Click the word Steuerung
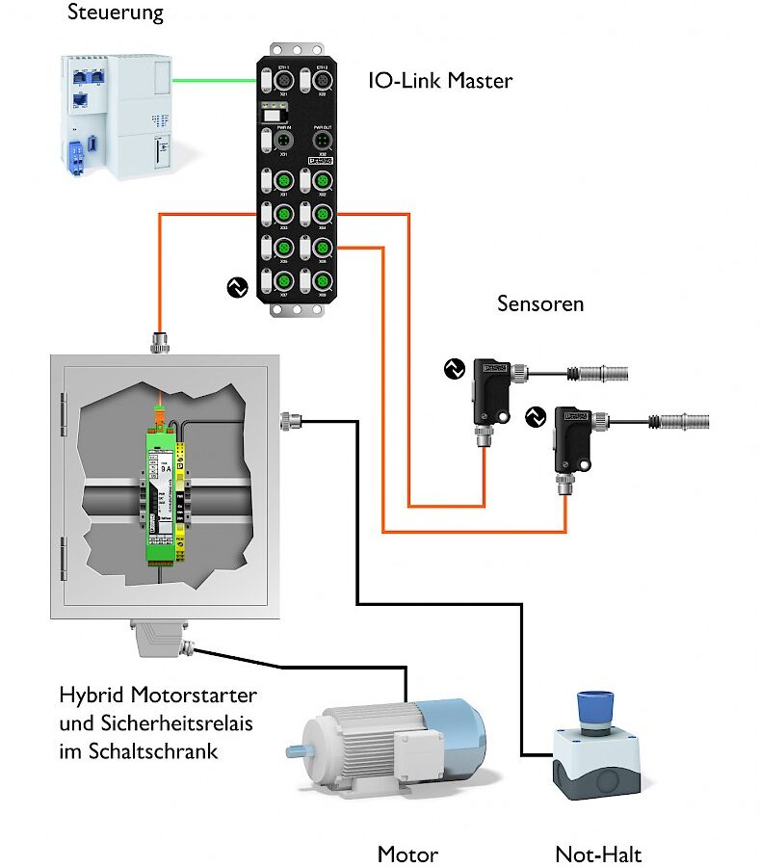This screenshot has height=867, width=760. click(116, 13)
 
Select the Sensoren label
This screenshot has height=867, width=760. click(540, 304)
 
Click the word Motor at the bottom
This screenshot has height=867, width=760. click(407, 854)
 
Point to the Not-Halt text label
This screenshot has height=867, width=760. click(598, 854)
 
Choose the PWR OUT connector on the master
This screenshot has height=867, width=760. click(322, 143)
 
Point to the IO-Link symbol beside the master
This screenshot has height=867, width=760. click(236, 286)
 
